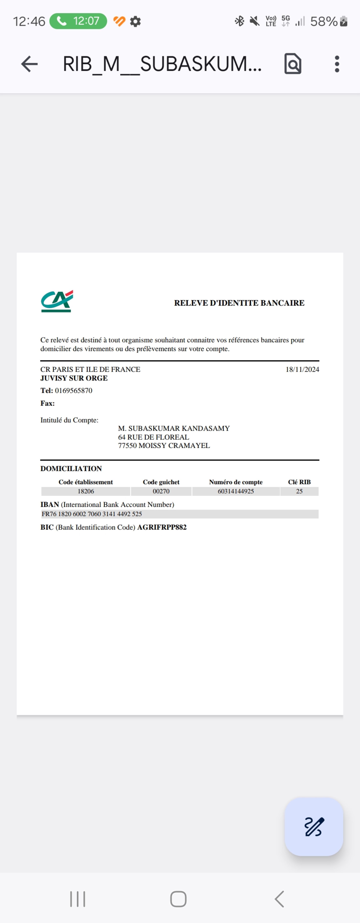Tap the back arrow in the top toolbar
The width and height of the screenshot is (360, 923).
pyautogui.click(x=29, y=64)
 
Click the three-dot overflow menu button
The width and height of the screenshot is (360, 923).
pyautogui.click(x=337, y=64)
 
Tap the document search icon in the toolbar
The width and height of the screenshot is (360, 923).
pyautogui.click(x=293, y=64)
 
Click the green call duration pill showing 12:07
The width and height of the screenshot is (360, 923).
pyautogui.click(x=78, y=21)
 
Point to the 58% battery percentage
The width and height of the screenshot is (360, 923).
pyautogui.click(x=323, y=21)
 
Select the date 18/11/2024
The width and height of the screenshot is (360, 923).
pyautogui.click(x=302, y=369)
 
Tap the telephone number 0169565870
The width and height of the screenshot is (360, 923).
pyautogui.click(x=73, y=391)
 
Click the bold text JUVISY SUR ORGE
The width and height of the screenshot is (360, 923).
pyautogui.click(x=74, y=378)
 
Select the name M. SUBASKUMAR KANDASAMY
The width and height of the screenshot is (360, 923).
pyautogui.click(x=174, y=428)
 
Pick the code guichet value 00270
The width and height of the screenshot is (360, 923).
pyautogui.click(x=161, y=491)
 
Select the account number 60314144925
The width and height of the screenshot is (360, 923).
pyautogui.click(x=236, y=491)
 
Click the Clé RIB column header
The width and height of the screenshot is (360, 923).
pyautogui.click(x=299, y=482)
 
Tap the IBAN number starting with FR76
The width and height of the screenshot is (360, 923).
pyautogui.click(x=92, y=514)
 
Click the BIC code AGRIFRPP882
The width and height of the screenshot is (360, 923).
pyautogui.click(x=162, y=527)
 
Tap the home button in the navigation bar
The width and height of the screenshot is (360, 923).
pyautogui.click(x=178, y=899)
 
